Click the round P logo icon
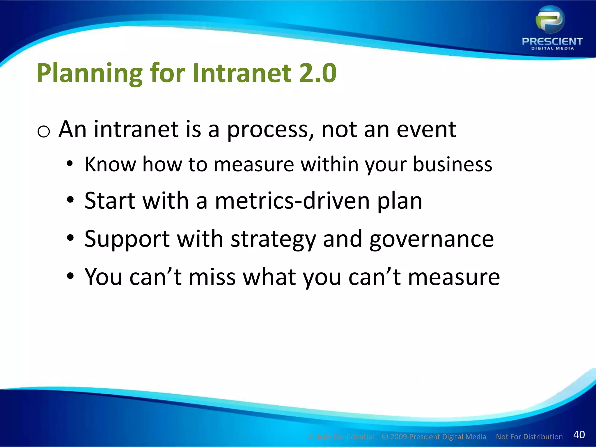(550, 20)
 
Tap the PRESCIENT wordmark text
(552, 42)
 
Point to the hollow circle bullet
(44, 132)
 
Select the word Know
(110, 164)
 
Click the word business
(453, 164)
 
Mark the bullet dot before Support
(70, 238)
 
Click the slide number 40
(579, 434)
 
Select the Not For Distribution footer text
(529, 437)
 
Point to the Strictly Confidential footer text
(341, 437)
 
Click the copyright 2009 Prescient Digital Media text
(434, 437)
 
